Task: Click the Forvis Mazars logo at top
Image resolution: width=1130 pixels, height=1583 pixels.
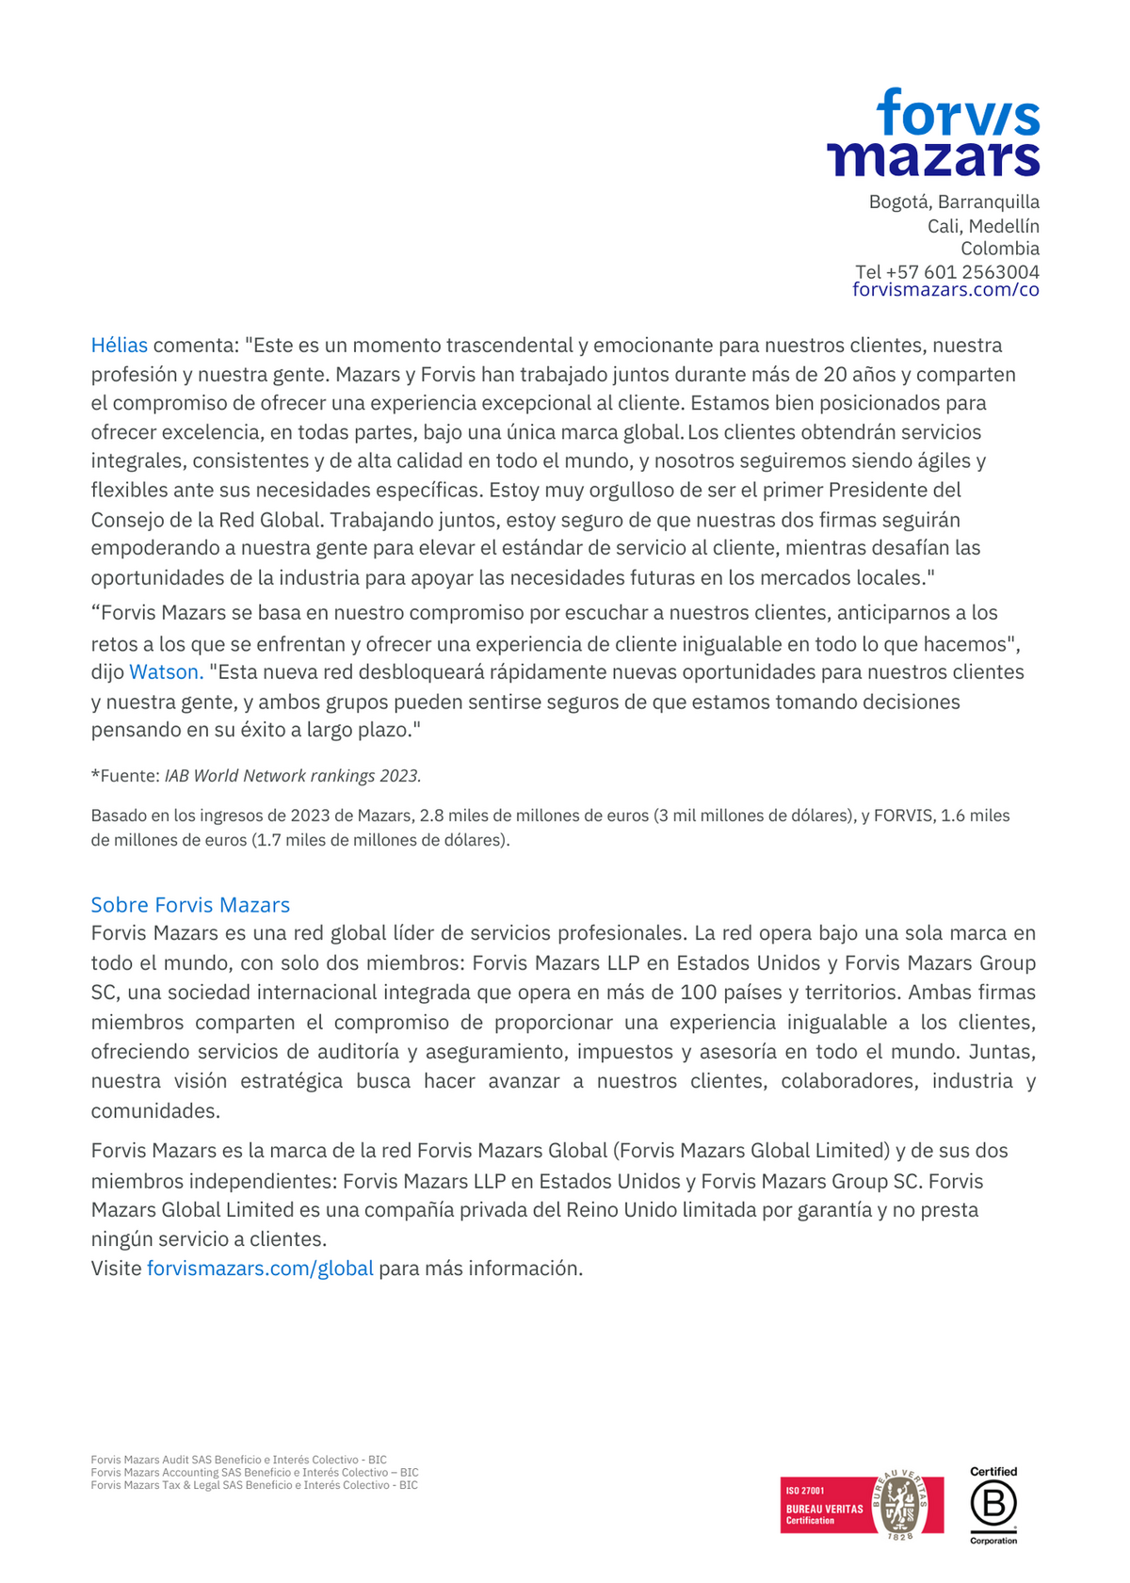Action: coord(933,133)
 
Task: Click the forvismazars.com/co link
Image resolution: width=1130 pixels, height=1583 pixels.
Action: coord(945,290)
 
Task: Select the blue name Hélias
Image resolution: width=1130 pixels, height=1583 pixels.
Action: coord(120,346)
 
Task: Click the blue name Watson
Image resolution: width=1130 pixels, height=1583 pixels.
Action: coord(166,672)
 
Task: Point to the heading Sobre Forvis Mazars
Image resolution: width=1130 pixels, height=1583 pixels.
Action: coord(190,905)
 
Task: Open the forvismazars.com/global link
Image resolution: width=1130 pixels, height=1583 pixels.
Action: coord(260,1268)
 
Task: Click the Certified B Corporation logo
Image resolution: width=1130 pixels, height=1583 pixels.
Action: coord(993,1505)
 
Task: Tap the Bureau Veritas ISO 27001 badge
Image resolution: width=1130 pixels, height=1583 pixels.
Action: coord(862,1506)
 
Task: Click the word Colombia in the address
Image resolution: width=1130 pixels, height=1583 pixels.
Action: coord(1000,249)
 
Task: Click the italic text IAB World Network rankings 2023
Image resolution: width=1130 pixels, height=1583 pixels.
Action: coord(293,776)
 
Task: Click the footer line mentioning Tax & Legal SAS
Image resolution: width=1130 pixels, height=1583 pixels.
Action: coord(254,1485)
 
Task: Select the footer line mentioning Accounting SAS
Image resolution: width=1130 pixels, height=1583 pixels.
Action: coord(254,1473)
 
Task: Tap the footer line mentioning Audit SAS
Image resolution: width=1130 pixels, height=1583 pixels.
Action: coord(238,1460)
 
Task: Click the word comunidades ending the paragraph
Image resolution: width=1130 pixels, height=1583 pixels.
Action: coord(155,1111)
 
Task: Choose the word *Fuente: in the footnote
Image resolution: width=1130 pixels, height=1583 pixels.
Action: coord(125,776)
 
